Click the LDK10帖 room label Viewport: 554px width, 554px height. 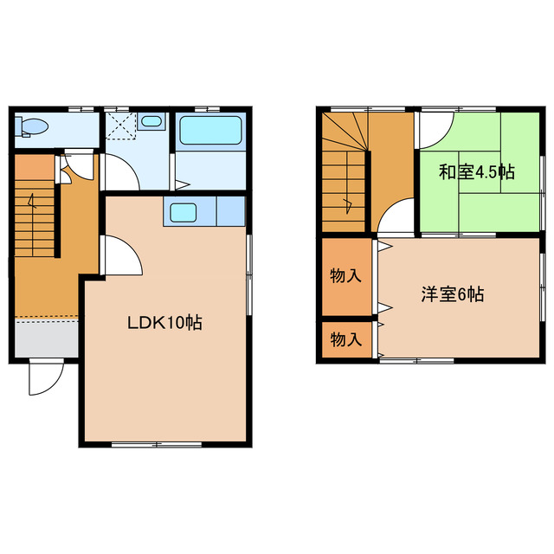click(165, 323)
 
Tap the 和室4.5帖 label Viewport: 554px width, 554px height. click(475, 171)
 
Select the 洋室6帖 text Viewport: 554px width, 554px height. click(452, 294)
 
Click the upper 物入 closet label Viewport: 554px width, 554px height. click(345, 277)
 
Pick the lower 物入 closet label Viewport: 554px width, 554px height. click(345, 339)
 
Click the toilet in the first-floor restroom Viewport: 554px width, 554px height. click(34, 127)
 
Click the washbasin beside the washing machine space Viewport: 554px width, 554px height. click(151, 122)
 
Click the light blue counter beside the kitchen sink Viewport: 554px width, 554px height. click(229, 211)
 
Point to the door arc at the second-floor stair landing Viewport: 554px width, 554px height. click(397, 216)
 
